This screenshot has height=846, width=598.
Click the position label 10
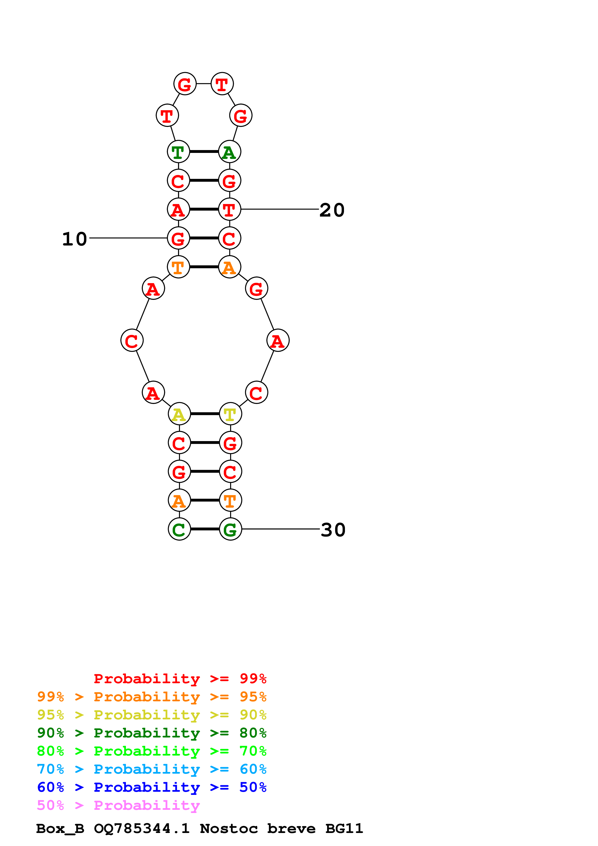pyautogui.click(x=75, y=239)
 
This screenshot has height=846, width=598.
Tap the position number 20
pyautogui.click(x=332, y=210)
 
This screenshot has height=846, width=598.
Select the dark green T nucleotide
pyautogui.click(x=178, y=152)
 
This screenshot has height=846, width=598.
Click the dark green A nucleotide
pyautogui.click(x=230, y=152)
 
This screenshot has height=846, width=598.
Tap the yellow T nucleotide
pyautogui.click(x=230, y=414)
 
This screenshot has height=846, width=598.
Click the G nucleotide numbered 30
pyautogui.click(x=230, y=530)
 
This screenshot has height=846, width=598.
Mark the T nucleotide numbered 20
pyautogui.click(x=230, y=210)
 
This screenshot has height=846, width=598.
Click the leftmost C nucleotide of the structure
pyautogui.click(x=132, y=341)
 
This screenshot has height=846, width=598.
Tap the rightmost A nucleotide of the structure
pyautogui.click(x=278, y=341)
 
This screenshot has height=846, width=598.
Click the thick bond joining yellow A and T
pyautogui.click(x=205, y=414)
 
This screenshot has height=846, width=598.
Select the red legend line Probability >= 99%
pyautogui.click(x=180, y=679)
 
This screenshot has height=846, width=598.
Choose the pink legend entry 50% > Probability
pyautogui.click(x=118, y=805)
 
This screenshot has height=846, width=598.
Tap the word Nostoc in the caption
pyautogui.click(x=228, y=829)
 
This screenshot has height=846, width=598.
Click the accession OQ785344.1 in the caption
pyautogui.click(x=142, y=829)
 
